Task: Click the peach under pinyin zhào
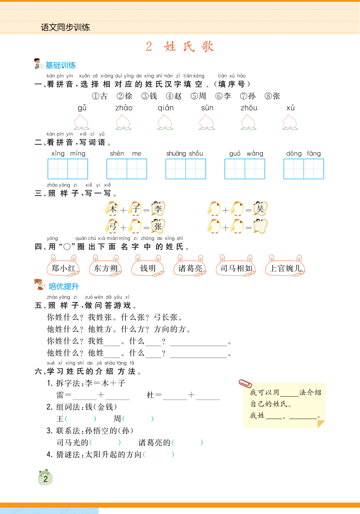click(123, 122)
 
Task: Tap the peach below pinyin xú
click(290, 122)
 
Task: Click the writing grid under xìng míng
click(67, 169)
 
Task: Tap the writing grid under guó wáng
click(245, 169)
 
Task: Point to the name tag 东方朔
click(105, 268)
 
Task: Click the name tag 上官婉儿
click(285, 268)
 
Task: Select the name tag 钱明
click(148, 268)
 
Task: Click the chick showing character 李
click(158, 209)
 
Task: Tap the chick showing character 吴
click(260, 209)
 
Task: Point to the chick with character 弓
click(112, 226)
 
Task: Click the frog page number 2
click(45, 478)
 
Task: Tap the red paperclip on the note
click(245, 383)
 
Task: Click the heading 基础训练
click(61, 65)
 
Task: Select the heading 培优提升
click(64, 286)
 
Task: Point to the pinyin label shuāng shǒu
click(185, 154)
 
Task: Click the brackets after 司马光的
click(105, 442)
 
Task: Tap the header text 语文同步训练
click(65, 27)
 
